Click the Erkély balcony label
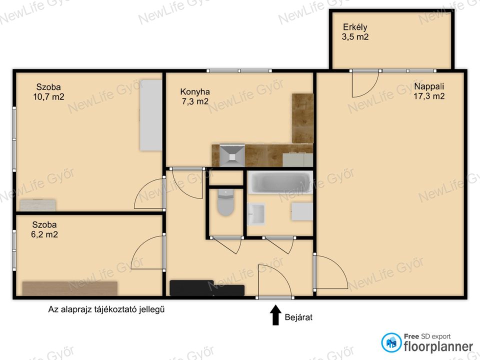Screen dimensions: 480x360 (x=355, y=27)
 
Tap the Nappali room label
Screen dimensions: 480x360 (x=429, y=86)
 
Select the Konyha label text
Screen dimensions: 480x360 (x=195, y=91)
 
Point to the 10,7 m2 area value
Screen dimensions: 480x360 (x=48, y=97)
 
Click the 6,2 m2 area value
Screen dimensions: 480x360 (x=44, y=234)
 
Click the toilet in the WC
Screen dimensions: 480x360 (x=225, y=202)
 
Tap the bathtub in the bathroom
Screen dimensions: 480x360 (x=280, y=182)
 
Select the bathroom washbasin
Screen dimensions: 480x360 (x=256, y=214)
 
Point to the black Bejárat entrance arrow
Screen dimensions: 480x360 (x=275, y=314)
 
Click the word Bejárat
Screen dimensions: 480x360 (x=298, y=317)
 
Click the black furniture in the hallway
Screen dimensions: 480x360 (x=207, y=288)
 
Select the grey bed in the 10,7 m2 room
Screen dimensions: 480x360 (x=151, y=115)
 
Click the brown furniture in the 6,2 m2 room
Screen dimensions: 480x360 (x=70, y=288)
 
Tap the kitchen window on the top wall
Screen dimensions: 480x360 (x=239, y=70)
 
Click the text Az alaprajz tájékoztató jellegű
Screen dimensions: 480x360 (x=106, y=309)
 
